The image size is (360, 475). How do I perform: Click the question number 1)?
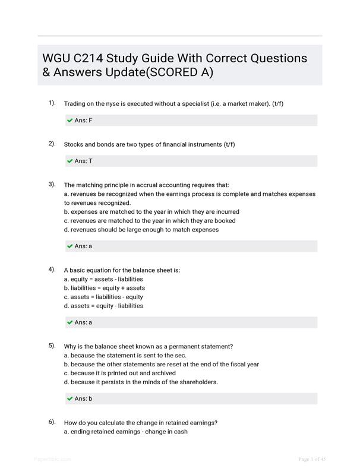coord(52,103)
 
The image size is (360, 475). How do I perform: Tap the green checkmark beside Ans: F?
coord(70,121)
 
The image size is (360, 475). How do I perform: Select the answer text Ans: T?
coord(83,161)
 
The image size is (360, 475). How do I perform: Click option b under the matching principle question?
coord(151,211)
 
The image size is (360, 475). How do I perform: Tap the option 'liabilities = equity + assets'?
coord(104,288)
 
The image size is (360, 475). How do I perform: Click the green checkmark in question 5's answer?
coord(70,399)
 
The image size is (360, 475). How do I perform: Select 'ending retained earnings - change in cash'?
coord(125,432)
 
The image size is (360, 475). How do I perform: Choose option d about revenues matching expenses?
coord(141,229)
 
